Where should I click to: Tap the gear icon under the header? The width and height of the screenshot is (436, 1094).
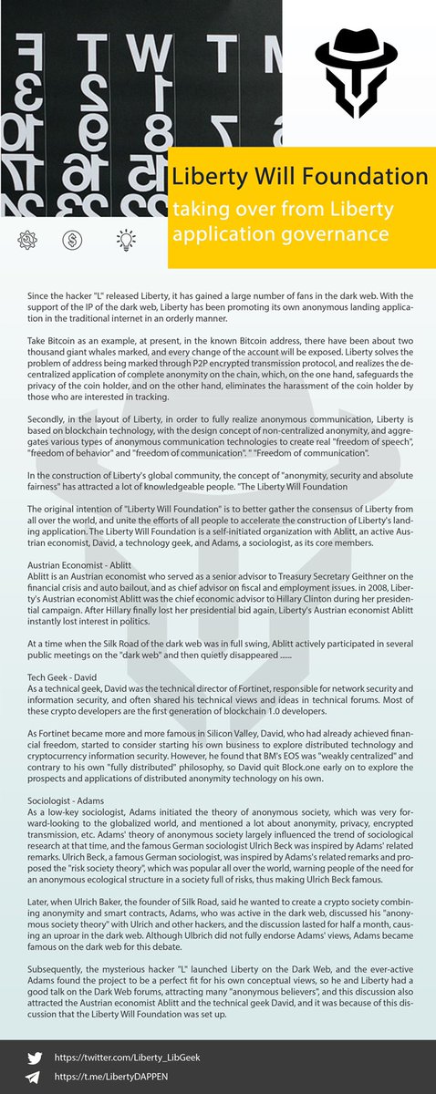[x=26, y=240]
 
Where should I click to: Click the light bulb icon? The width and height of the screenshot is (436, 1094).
[x=121, y=240]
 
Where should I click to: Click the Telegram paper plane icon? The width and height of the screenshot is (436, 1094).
[x=35, y=1076]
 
